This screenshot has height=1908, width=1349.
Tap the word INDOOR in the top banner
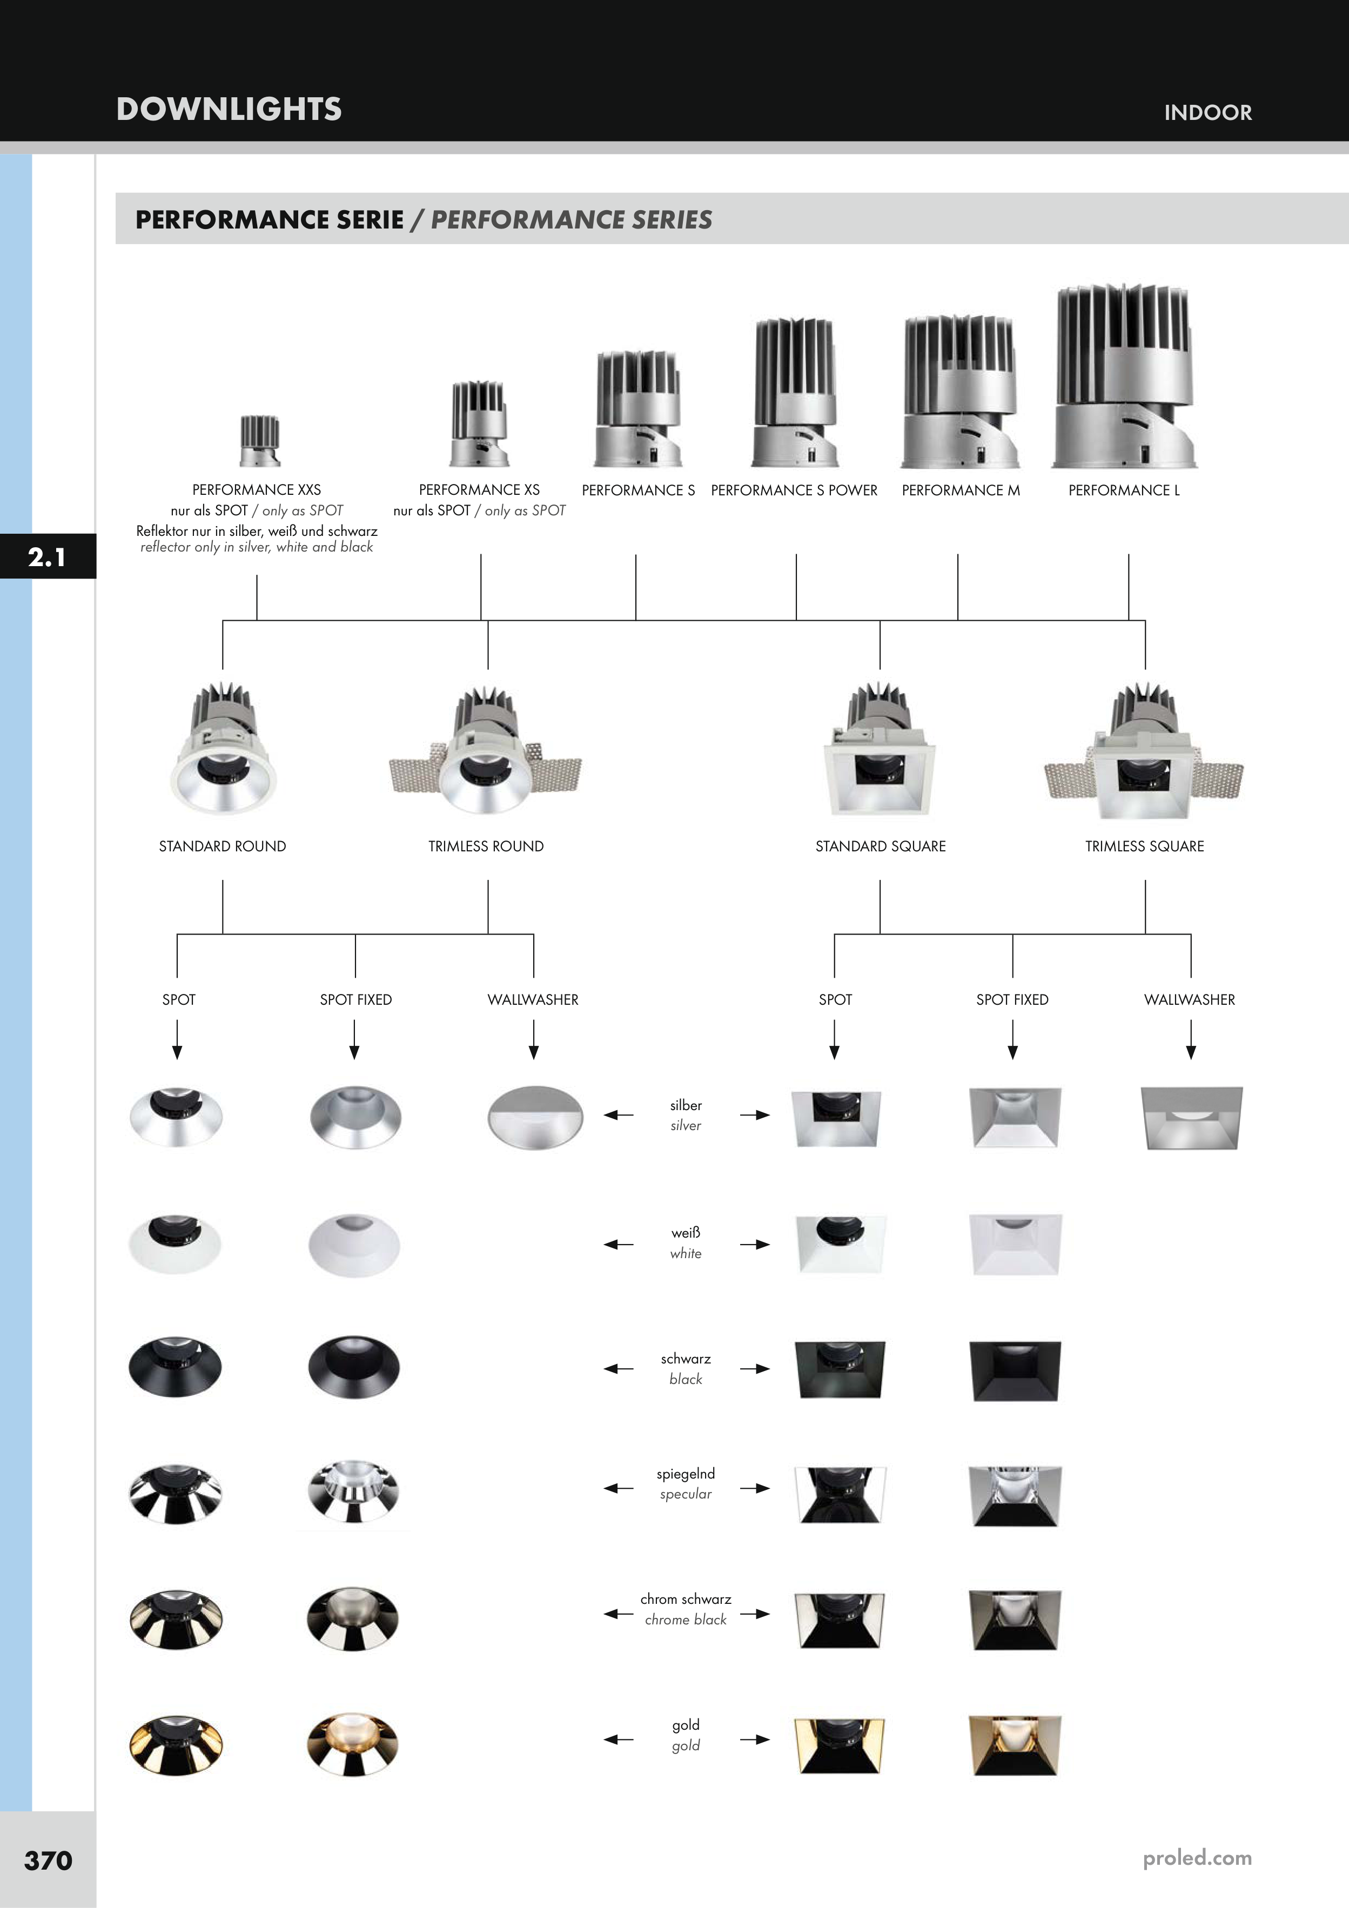click(x=1207, y=113)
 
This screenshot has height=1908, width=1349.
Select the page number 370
click(x=48, y=1860)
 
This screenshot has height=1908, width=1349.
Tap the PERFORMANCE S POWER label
click(x=794, y=491)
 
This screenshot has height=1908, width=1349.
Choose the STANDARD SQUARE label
click(x=880, y=846)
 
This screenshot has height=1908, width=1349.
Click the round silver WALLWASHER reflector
click(x=534, y=1117)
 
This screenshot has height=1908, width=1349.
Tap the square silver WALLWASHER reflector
click(x=1191, y=1118)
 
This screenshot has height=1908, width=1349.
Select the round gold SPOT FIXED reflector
click(x=353, y=1744)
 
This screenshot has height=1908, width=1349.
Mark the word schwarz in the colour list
click(x=686, y=1359)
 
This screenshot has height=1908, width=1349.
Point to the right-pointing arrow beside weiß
click(x=755, y=1245)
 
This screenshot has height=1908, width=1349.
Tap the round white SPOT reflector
click(x=176, y=1242)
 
